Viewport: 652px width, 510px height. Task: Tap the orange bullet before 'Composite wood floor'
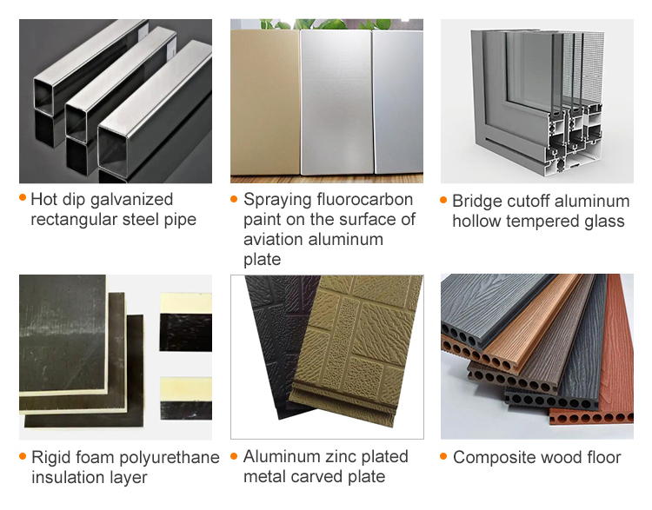[444, 455]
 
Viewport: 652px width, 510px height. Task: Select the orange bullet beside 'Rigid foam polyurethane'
[23, 455]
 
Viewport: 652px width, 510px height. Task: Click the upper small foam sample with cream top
[185, 319]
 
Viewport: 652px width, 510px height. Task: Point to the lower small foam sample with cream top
[185, 398]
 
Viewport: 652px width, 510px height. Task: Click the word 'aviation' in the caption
[274, 240]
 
